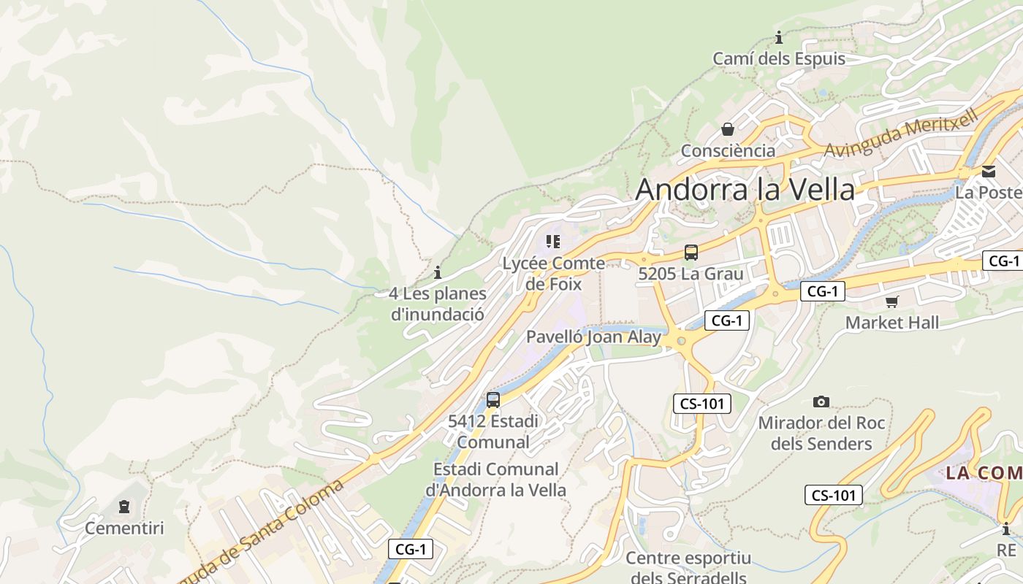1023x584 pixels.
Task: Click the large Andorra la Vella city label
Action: (745, 190)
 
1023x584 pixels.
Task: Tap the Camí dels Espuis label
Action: (779, 59)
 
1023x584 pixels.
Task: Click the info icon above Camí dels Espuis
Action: (779, 37)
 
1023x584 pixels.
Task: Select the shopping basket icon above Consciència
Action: (728, 129)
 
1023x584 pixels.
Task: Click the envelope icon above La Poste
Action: (989, 172)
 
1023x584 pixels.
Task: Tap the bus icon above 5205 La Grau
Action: (691, 253)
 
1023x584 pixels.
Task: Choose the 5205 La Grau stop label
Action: (691, 274)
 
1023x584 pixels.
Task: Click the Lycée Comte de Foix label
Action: (553, 273)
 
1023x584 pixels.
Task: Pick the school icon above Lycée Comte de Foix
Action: (553, 241)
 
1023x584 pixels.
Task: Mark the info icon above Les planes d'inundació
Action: (438, 272)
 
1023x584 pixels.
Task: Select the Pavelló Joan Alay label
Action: (593, 337)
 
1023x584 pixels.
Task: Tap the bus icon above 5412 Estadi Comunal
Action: (493, 399)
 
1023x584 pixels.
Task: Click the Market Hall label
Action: (892, 323)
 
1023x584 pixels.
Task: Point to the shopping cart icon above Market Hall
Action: (891, 301)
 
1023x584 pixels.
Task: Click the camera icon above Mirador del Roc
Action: (821, 401)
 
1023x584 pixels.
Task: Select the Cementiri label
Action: (124, 528)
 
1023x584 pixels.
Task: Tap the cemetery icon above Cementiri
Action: (124, 506)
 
